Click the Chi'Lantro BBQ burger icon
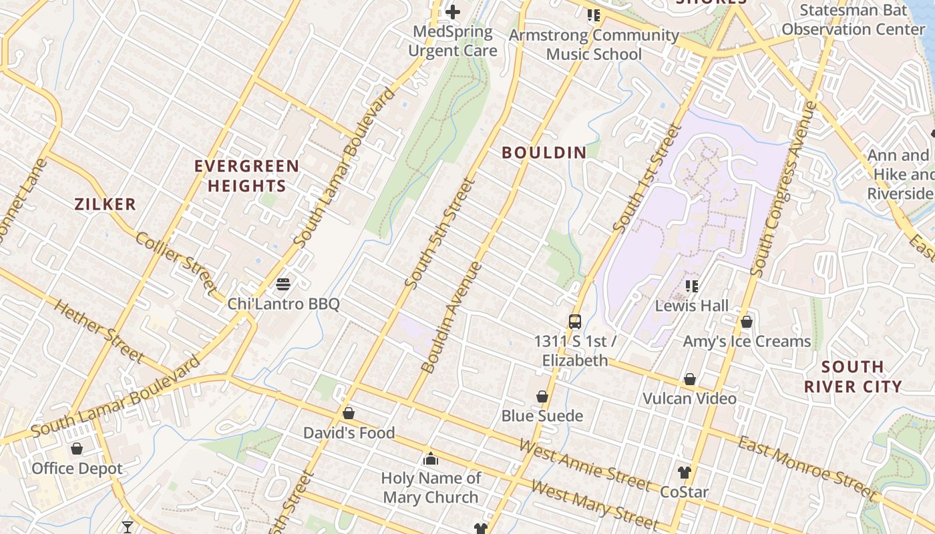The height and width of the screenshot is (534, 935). [x=283, y=284]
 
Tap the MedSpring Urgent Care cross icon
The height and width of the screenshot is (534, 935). [x=453, y=12]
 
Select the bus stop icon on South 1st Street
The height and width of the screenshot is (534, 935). [x=574, y=322]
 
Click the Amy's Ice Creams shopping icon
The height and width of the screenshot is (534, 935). [x=747, y=322]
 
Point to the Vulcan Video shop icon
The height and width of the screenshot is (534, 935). [x=690, y=380]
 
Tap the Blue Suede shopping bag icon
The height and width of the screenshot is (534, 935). [x=542, y=397]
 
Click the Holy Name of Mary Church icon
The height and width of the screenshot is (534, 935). [x=431, y=459]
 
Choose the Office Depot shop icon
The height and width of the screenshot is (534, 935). [x=77, y=449]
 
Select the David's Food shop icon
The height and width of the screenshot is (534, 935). [x=348, y=414]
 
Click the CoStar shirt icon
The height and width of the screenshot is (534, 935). [x=684, y=473]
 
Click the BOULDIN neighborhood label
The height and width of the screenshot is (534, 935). [x=544, y=153]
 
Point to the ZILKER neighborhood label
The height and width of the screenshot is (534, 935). [x=106, y=204]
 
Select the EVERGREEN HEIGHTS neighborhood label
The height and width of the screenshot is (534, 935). [x=247, y=176]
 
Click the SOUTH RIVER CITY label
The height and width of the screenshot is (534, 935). [x=853, y=376]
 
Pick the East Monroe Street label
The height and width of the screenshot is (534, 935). [x=806, y=468]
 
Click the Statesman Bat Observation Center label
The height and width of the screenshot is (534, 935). [x=854, y=20]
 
